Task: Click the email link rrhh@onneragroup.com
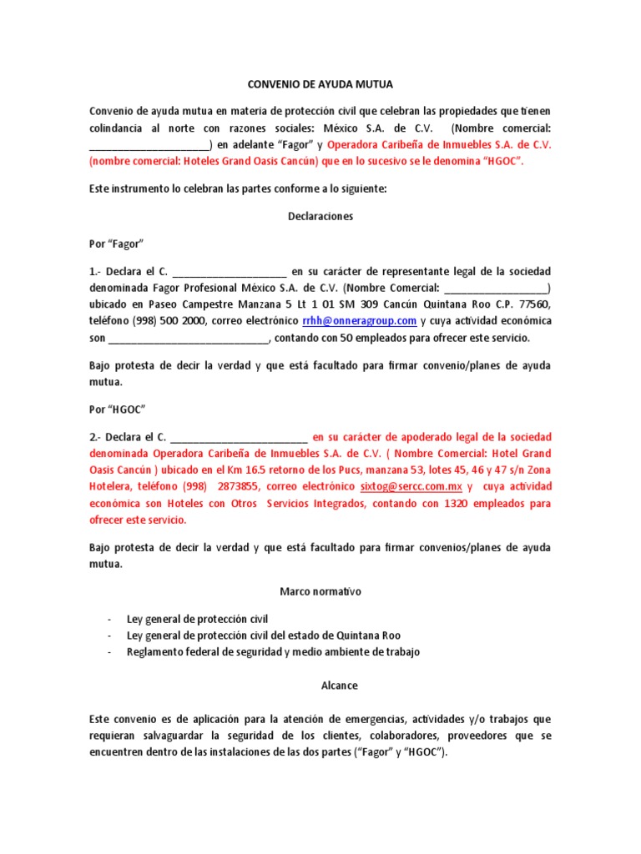360,321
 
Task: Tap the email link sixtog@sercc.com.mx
411,486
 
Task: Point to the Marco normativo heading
320,591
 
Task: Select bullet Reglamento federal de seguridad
273,651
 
